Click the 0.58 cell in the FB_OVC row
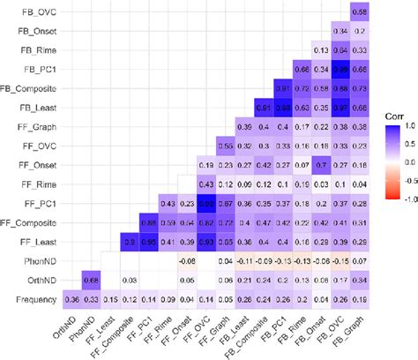[x=360, y=11]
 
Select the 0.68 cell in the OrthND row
[x=89, y=281]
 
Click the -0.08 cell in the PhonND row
[x=186, y=261]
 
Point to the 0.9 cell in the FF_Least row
[x=128, y=242]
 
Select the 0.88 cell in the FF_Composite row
[x=147, y=222]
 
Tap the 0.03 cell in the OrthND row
[x=128, y=281]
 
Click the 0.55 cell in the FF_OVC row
[x=225, y=145]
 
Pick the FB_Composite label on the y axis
[x=33, y=88]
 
